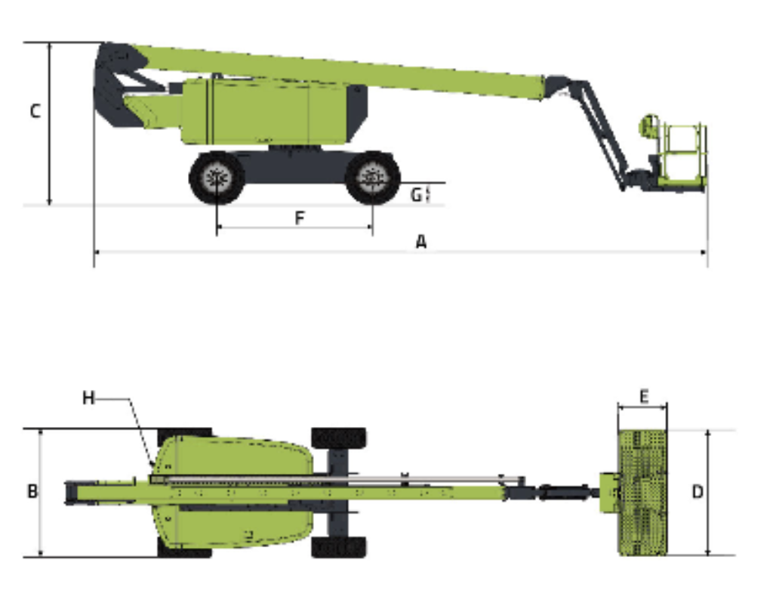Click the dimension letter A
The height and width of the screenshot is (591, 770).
point(420,241)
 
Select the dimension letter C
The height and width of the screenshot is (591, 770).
point(35,111)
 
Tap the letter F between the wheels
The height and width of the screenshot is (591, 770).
point(300,218)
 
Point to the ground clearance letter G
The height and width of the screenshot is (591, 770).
point(416,195)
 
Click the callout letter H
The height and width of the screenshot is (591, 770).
point(88,398)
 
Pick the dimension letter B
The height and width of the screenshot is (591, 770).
point(32,490)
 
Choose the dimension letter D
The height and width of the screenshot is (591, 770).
point(698,491)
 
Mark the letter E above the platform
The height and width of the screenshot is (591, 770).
point(644,396)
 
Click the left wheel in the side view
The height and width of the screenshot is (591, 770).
point(217,178)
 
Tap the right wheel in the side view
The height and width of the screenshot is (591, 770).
point(373,178)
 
